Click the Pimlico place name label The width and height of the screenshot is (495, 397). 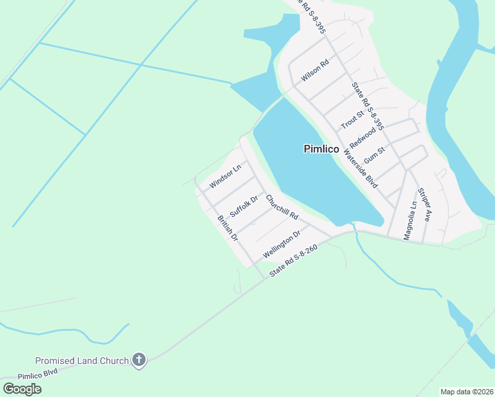click(x=322, y=149)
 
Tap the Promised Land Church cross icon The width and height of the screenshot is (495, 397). click(x=138, y=360)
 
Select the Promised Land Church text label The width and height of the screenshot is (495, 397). click(x=82, y=361)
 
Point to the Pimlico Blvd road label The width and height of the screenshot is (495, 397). click(x=39, y=374)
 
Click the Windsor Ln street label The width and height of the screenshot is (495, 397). click(x=225, y=175)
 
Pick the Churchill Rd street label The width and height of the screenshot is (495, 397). click(x=283, y=207)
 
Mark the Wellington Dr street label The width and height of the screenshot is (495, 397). click(x=282, y=244)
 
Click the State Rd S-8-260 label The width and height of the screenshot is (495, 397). click(x=294, y=262)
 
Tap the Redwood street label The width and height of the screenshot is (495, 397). click(x=362, y=135)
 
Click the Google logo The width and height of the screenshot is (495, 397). click(x=22, y=388)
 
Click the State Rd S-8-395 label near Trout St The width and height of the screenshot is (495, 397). click(x=368, y=106)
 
